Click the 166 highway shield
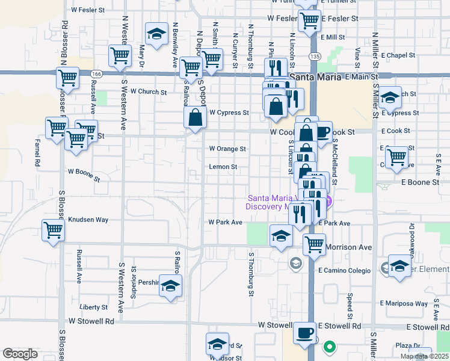tap(96, 73)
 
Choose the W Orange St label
tap(227, 149)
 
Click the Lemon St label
tap(223, 167)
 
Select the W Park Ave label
tap(225, 222)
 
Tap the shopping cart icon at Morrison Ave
tap(314, 244)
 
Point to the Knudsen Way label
tap(88, 220)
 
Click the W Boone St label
tap(84, 173)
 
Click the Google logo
tap(20, 354)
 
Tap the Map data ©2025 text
tap(425, 356)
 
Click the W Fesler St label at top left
tap(88, 10)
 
